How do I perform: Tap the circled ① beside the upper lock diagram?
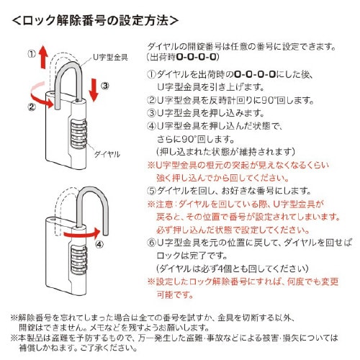click(x=32, y=53)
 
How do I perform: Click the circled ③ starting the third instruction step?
click(x=152, y=112)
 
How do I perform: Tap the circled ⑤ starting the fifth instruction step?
click(x=152, y=191)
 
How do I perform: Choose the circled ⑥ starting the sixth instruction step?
click(x=152, y=243)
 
